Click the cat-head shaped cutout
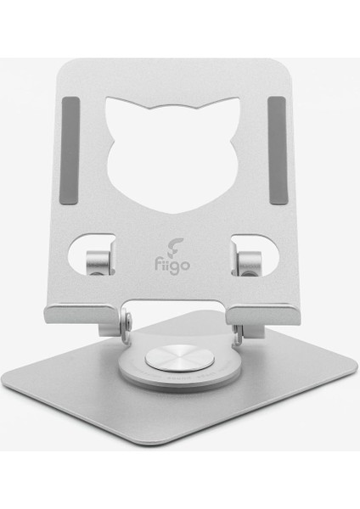pos(173,156)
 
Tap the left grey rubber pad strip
pos(70,150)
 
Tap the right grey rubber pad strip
pos(277,150)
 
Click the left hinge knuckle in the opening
pos(99,262)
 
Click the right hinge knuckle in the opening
pos(250,264)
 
